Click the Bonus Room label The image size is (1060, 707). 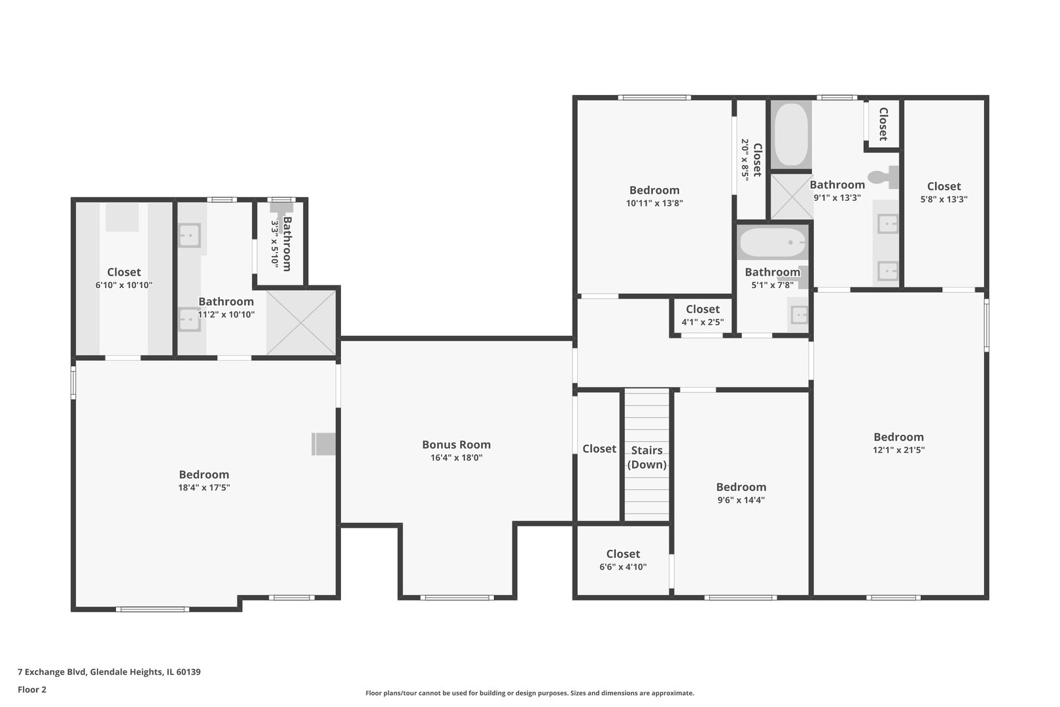point(456,444)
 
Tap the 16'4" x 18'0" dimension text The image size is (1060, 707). point(456,458)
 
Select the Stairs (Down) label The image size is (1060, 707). point(646,457)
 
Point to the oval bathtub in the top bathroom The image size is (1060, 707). point(791,134)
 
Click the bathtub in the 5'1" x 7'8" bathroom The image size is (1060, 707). point(772,242)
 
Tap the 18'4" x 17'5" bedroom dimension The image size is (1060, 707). point(204,487)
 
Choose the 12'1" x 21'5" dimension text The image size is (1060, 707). point(898,450)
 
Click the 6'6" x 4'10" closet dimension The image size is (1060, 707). point(623,567)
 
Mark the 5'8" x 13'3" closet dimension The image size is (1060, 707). point(944,200)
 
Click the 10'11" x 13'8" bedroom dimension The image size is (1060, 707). point(654,203)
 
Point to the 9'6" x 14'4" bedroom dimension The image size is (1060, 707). point(741,499)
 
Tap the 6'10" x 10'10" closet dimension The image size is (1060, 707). point(124,285)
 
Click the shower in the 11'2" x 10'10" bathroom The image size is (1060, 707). point(301,323)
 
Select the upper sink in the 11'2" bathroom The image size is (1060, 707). point(189,236)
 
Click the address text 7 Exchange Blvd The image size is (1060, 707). point(52,672)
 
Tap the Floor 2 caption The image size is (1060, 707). point(32,689)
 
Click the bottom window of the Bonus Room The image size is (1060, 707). point(457,598)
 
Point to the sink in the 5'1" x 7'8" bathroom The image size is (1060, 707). point(800,314)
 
